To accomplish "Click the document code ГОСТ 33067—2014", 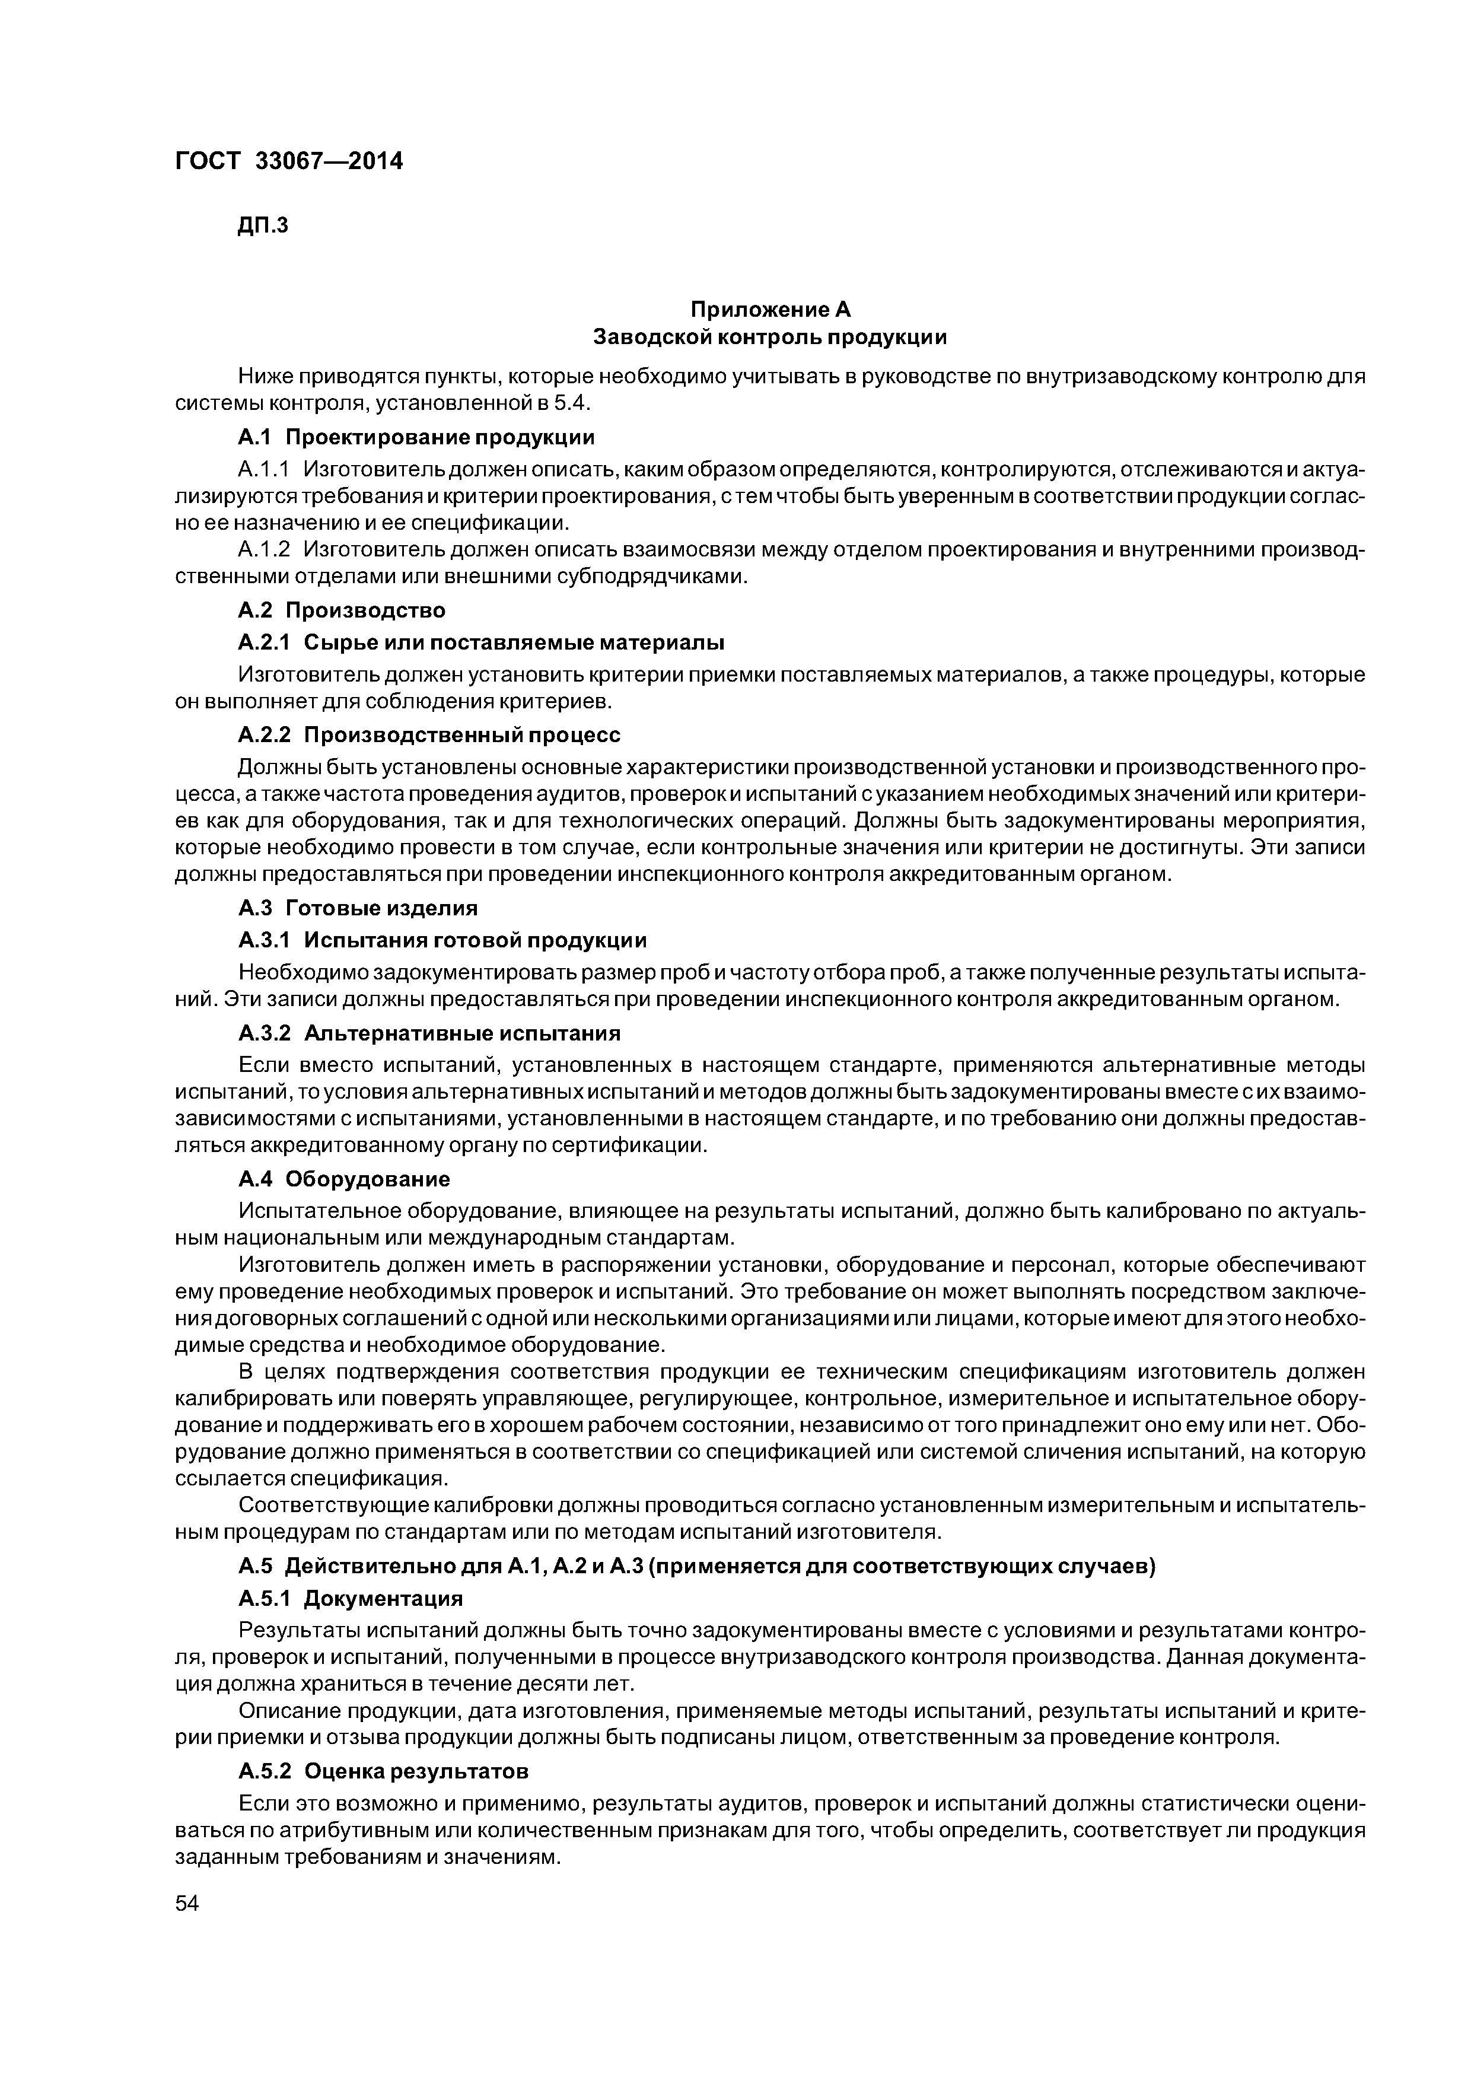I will pos(288,161).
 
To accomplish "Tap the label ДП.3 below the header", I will pos(263,225).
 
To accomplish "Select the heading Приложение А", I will pos(770,310).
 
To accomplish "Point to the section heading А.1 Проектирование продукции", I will pos(416,438).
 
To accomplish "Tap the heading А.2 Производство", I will pos(342,610).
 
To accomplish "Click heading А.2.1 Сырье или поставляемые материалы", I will pos(480,642).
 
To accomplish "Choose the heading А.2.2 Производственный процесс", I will pos(429,734).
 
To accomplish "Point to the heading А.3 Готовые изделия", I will pos(358,908).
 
